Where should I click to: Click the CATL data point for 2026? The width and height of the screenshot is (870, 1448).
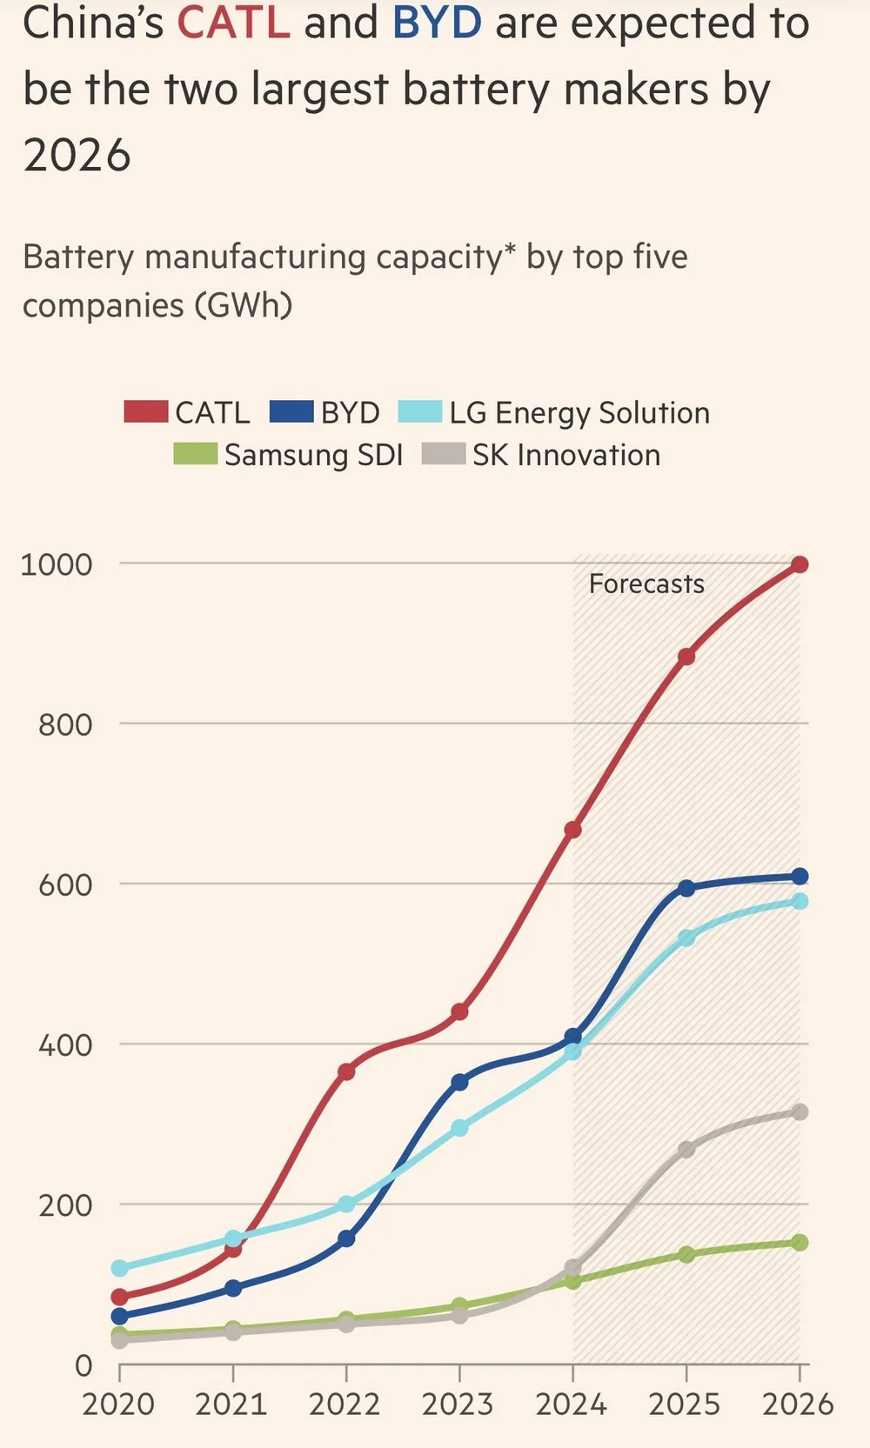tap(800, 565)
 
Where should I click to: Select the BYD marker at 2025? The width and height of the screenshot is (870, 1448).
tap(686, 888)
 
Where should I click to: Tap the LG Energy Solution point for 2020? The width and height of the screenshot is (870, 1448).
tap(120, 1268)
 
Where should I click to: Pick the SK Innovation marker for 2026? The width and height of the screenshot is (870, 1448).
tap(800, 1112)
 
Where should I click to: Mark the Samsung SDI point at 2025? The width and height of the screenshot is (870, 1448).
tap(686, 1254)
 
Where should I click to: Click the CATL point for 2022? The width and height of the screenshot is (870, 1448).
tap(346, 1071)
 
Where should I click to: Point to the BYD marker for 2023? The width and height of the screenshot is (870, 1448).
tap(459, 1082)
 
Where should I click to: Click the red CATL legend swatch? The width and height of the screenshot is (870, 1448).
tap(145, 412)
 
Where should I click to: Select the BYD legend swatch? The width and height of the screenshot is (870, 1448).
tap(291, 412)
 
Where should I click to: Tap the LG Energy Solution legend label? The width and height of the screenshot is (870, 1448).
tap(579, 413)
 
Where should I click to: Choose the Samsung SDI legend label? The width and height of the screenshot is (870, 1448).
tap(313, 455)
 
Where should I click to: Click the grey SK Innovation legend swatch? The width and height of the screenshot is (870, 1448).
tap(443, 454)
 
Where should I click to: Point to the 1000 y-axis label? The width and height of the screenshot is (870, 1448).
tap(57, 564)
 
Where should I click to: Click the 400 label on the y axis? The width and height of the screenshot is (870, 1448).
tap(65, 1045)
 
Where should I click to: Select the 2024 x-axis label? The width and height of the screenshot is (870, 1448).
tap(572, 1405)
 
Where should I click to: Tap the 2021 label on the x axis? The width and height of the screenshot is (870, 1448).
tap(231, 1405)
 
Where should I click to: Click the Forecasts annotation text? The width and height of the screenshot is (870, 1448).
tap(646, 584)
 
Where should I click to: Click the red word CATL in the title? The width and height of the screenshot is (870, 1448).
tap(233, 23)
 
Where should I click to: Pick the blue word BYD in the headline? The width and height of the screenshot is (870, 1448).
tap(437, 23)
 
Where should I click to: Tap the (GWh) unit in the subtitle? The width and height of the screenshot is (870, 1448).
tap(244, 305)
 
